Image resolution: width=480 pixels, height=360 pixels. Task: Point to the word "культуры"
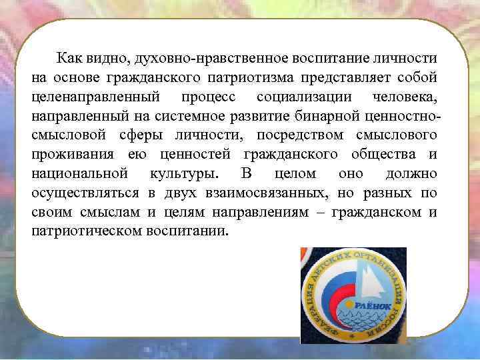click(x=184, y=174)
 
